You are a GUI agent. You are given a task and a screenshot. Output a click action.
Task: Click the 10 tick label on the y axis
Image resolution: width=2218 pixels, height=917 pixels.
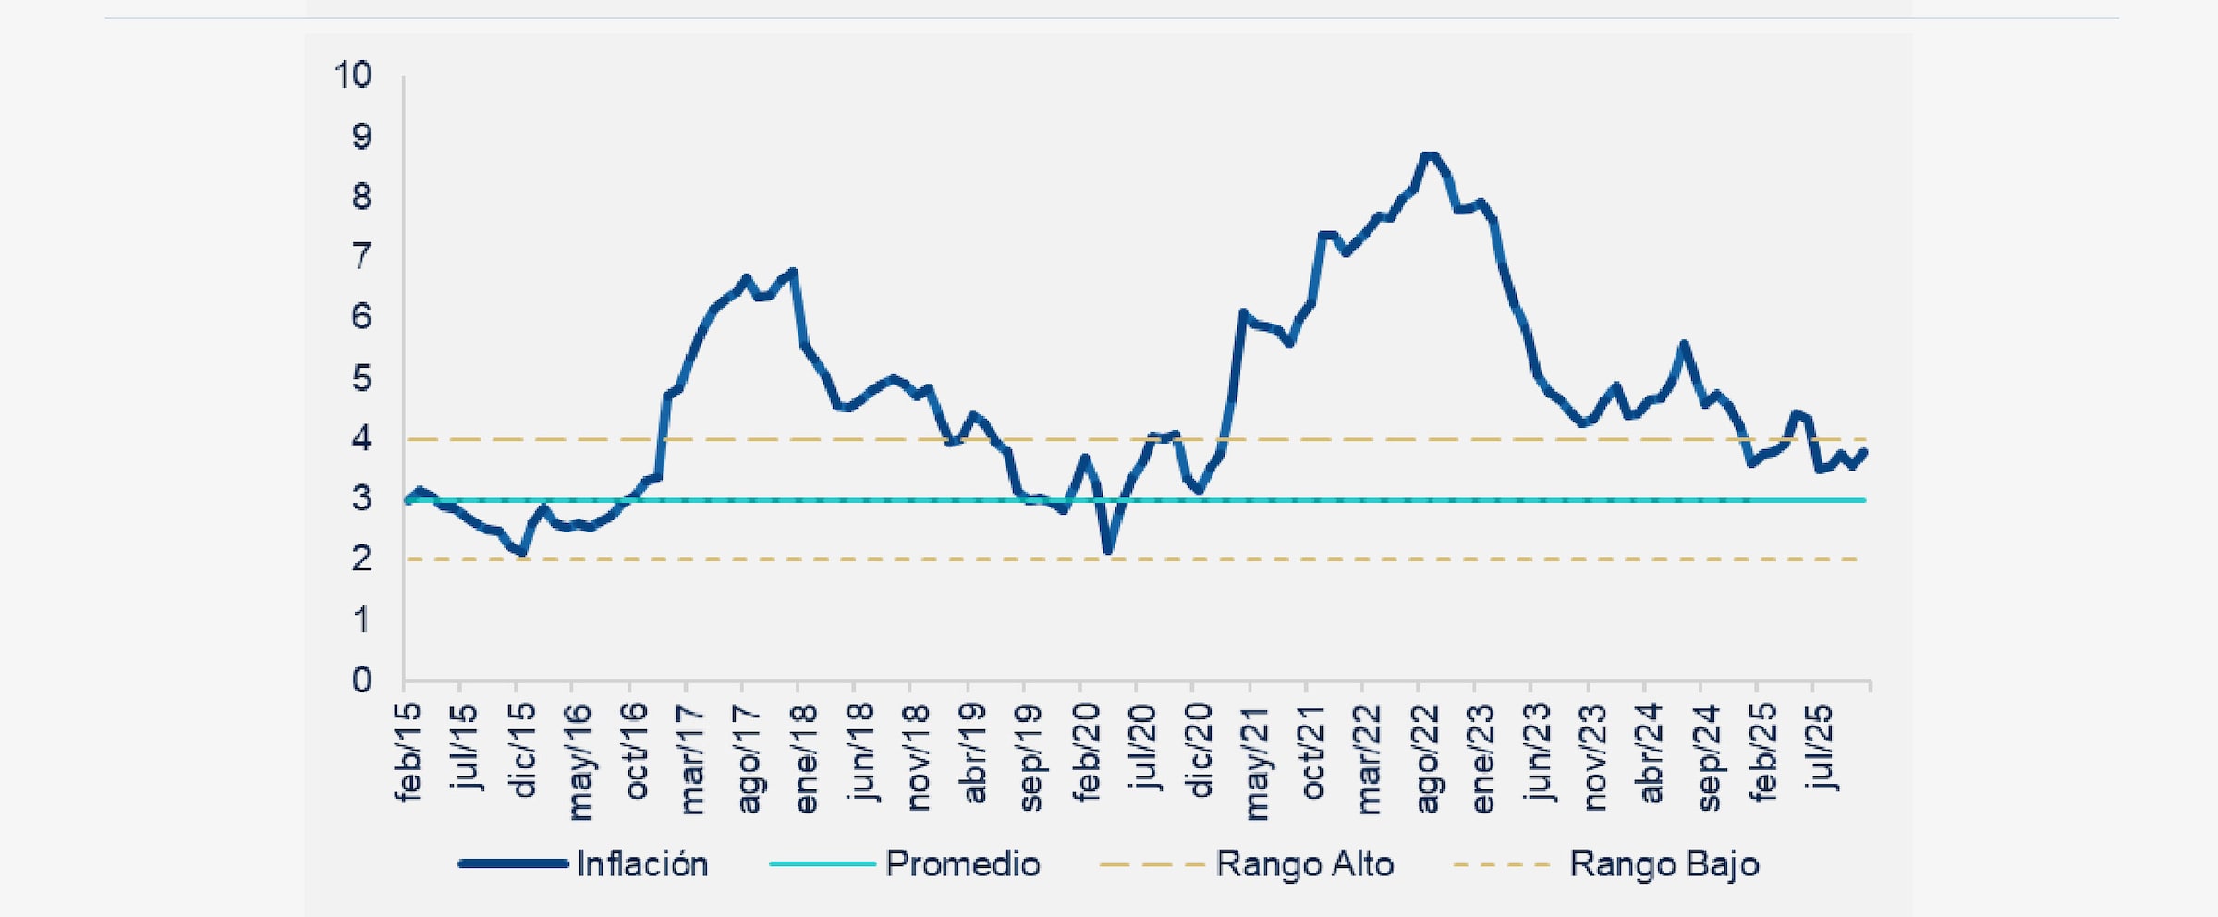(x=352, y=75)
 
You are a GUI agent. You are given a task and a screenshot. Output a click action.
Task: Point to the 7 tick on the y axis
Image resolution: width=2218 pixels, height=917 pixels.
(x=361, y=256)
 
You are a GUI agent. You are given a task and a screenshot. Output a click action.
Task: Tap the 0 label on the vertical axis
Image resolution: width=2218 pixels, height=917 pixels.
(x=361, y=680)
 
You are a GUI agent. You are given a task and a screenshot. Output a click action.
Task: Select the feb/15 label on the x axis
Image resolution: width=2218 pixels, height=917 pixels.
(x=408, y=751)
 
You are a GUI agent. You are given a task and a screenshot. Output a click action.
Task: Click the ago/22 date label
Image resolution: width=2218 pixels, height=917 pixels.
(x=1426, y=758)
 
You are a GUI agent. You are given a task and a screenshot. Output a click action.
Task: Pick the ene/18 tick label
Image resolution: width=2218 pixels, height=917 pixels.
(x=805, y=758)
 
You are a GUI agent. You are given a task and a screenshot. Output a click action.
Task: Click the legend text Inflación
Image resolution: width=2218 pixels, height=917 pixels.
(x=642, y=864)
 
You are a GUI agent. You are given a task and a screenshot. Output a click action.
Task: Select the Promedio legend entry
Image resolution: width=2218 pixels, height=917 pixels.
(x=962, y=864)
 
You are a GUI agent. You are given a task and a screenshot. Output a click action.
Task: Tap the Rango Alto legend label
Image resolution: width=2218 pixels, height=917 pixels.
(x=1304, y=864)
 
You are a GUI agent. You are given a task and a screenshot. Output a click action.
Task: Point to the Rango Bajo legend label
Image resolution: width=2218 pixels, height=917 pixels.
(x=1663, y=864)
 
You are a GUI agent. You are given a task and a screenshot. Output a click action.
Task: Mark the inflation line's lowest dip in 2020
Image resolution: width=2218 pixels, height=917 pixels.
(x=1108, y=551)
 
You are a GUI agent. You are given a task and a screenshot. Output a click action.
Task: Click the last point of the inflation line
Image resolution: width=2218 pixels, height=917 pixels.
(x=1864, y=452)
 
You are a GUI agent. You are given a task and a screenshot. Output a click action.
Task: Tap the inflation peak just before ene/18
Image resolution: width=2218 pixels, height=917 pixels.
(x=793, y=272)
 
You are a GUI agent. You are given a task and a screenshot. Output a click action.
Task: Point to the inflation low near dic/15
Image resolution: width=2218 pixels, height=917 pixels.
(x=523, y=553)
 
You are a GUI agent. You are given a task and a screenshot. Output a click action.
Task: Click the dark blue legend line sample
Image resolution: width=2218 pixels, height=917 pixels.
(x=514, y=863)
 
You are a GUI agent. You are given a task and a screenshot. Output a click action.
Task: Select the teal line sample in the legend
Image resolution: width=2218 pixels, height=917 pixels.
(x=822, y=863)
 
